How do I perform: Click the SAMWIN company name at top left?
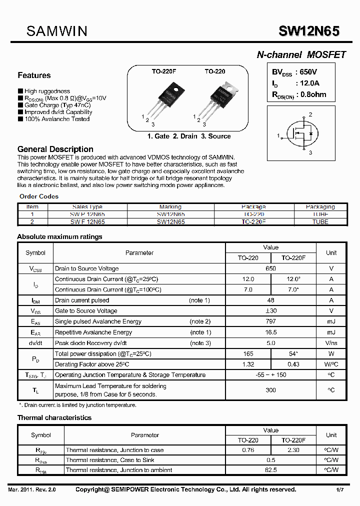click(x=56, y=31)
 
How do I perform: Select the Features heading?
click(x=34, y=75)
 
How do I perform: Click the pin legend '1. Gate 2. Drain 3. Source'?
click(x=189, y=136)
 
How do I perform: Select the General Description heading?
click(x=55, y=149)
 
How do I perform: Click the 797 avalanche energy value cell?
click(x=270, y=321)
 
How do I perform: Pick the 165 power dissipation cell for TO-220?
click(x=248, y=353)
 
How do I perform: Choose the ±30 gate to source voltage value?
click(x=270, y=311)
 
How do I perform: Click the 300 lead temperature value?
click(x=270, y=390)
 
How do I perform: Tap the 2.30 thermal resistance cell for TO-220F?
click(x=293, y=450)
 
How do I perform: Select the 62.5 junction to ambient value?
click(x=270, y=470)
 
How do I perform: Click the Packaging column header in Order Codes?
click(x=320, y=206)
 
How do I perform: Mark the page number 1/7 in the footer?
click(x=339, y=489)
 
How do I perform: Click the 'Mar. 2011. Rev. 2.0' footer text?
click(x=32, y=489)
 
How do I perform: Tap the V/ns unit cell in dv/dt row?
click(x=331, y=343)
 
